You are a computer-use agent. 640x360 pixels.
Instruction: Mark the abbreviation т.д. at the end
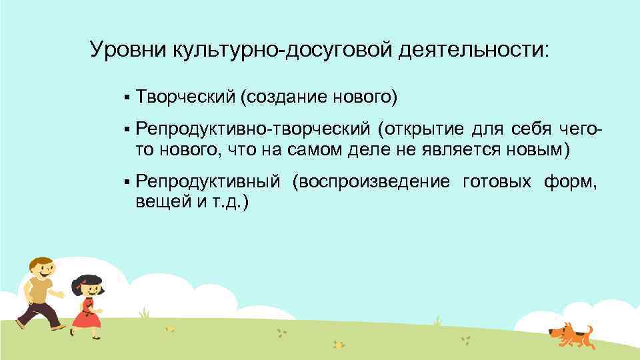(x=231, y=203)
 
